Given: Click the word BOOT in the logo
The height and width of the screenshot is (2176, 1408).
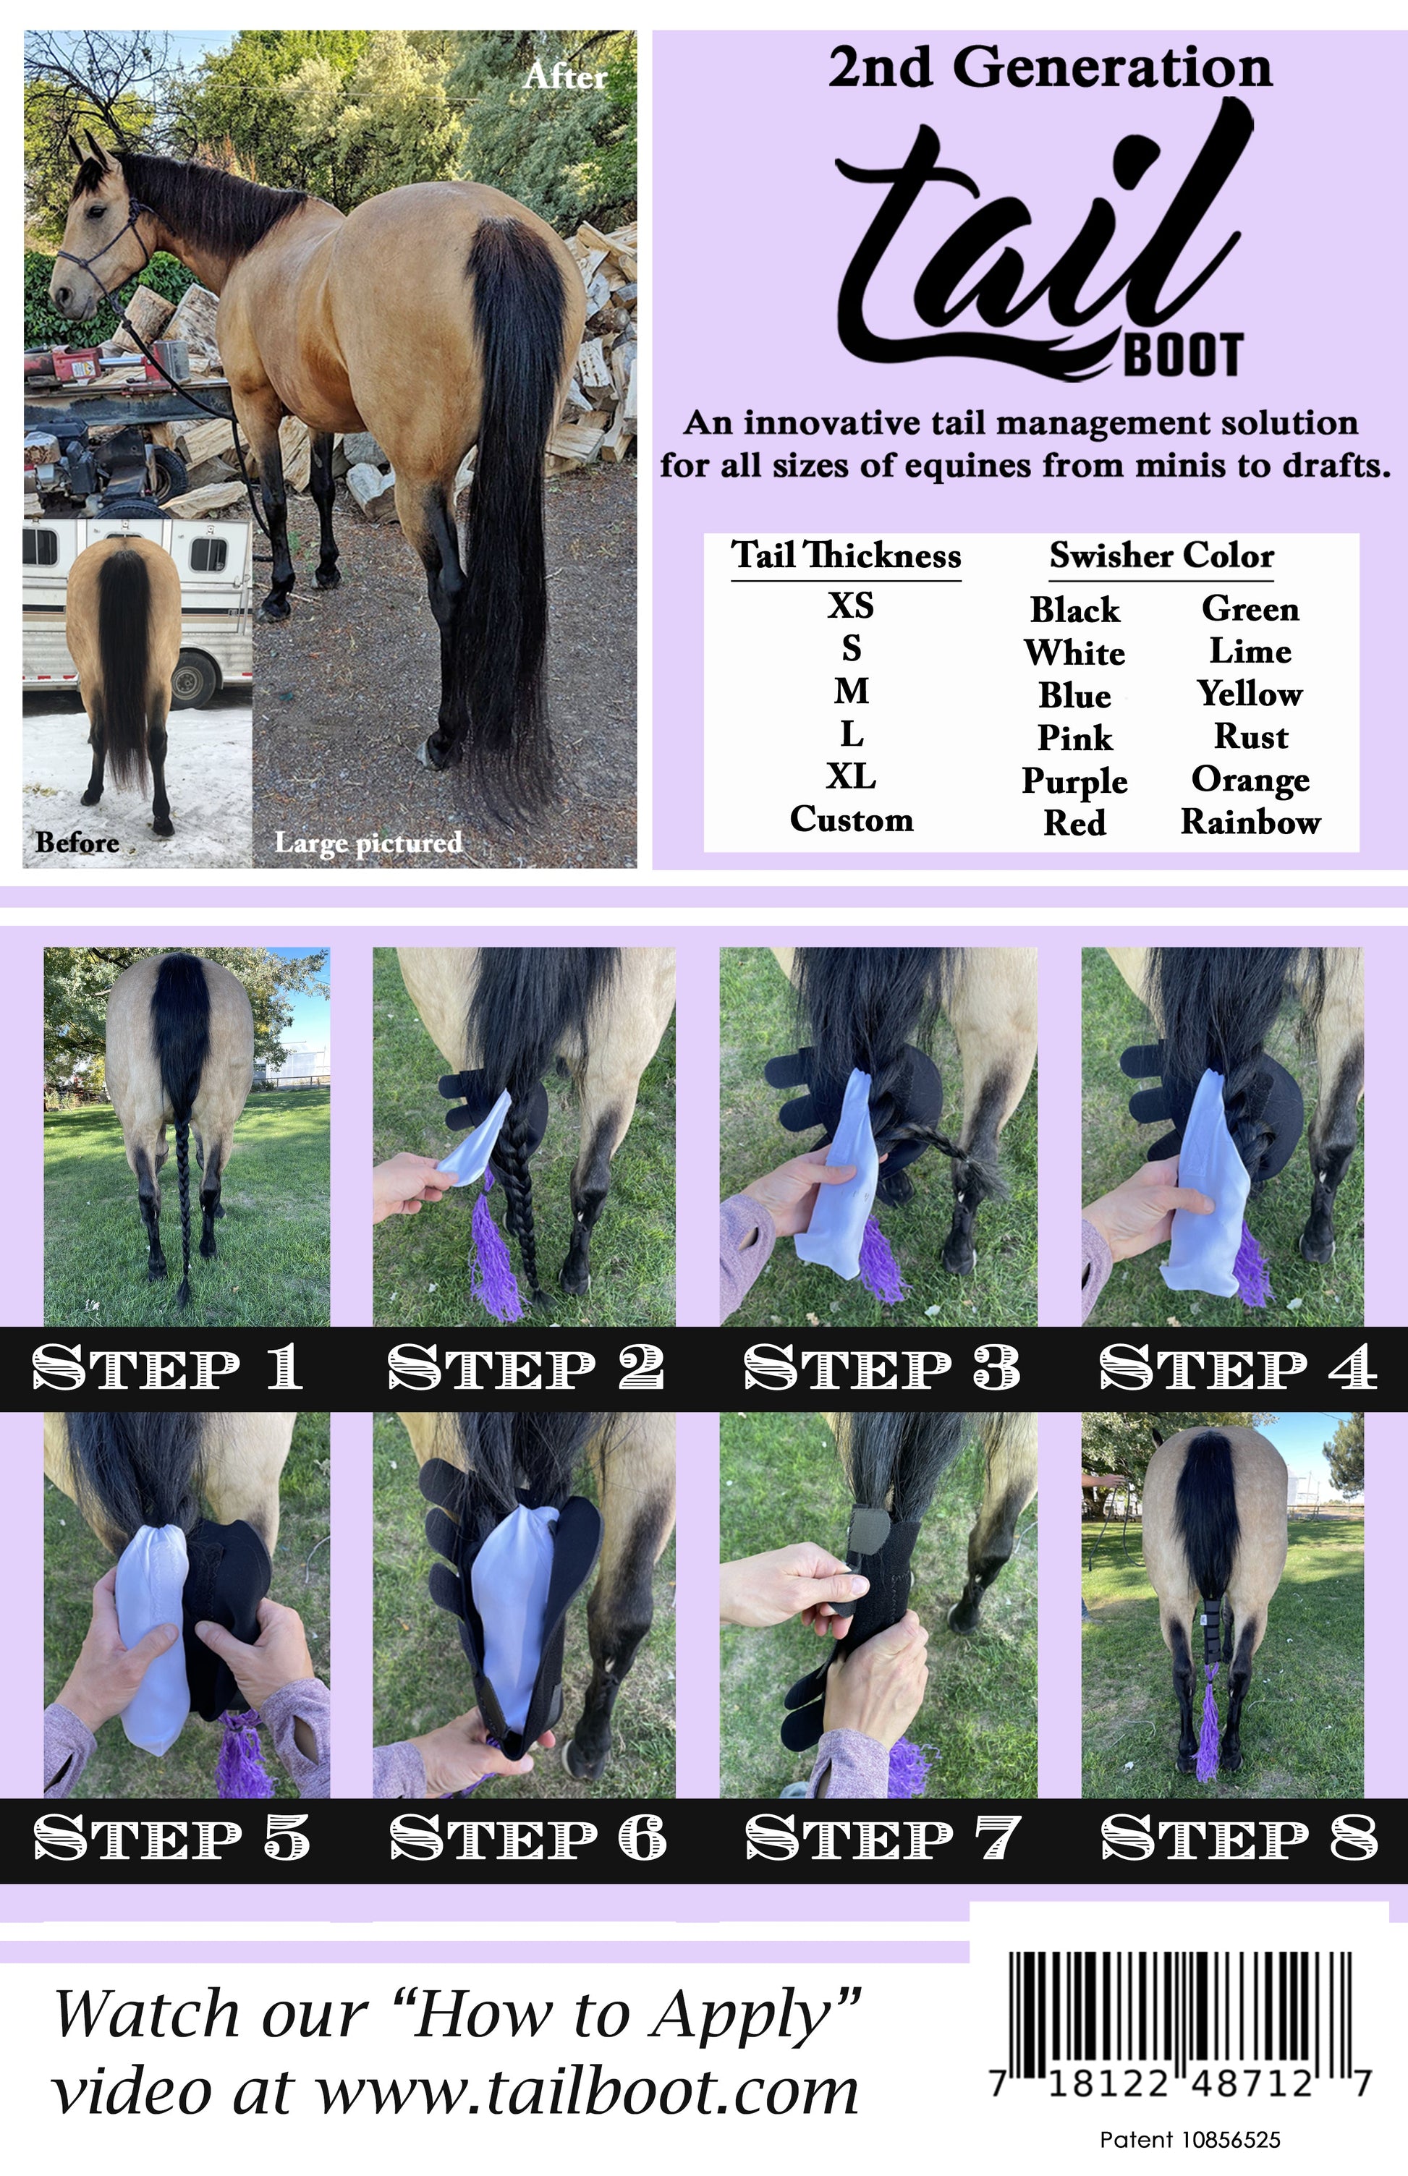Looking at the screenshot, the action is pyautogui.click(x=1183, y=355).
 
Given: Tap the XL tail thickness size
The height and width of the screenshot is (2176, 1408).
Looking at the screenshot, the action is pyautogui.click(x=851, y=776).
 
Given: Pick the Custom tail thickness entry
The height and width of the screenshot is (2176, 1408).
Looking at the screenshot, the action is pyautogui.click(x=851, y=819).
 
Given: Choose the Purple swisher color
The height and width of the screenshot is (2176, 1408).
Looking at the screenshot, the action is pyautogui.click(x=1074, y=781).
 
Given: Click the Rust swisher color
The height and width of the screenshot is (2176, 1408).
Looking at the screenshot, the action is pyautogui.click(x=1250, y=736).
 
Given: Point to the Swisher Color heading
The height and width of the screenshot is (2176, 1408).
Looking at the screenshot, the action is pyautogui.click(x=1161, y=555).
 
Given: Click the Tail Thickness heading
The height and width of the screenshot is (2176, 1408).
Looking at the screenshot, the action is pyautogui.click(x=846, y=555).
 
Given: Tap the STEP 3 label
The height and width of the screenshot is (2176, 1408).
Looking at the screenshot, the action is pyautogui.click(x=881, y=1367).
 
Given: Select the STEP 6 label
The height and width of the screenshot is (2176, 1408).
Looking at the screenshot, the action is pyautogui.click(x=527, y=1837).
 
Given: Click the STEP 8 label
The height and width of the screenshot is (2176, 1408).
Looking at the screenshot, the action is pyautogui.click(x=1238, y=1837).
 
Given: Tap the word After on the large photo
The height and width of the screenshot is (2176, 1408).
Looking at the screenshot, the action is pyautogui.click(x=565, y=77).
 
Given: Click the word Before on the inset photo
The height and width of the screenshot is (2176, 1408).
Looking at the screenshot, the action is pyautogui.click(x=77, y=842).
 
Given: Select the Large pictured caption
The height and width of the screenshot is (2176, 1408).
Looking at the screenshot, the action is pyautogui.click(x=368, y=842).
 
